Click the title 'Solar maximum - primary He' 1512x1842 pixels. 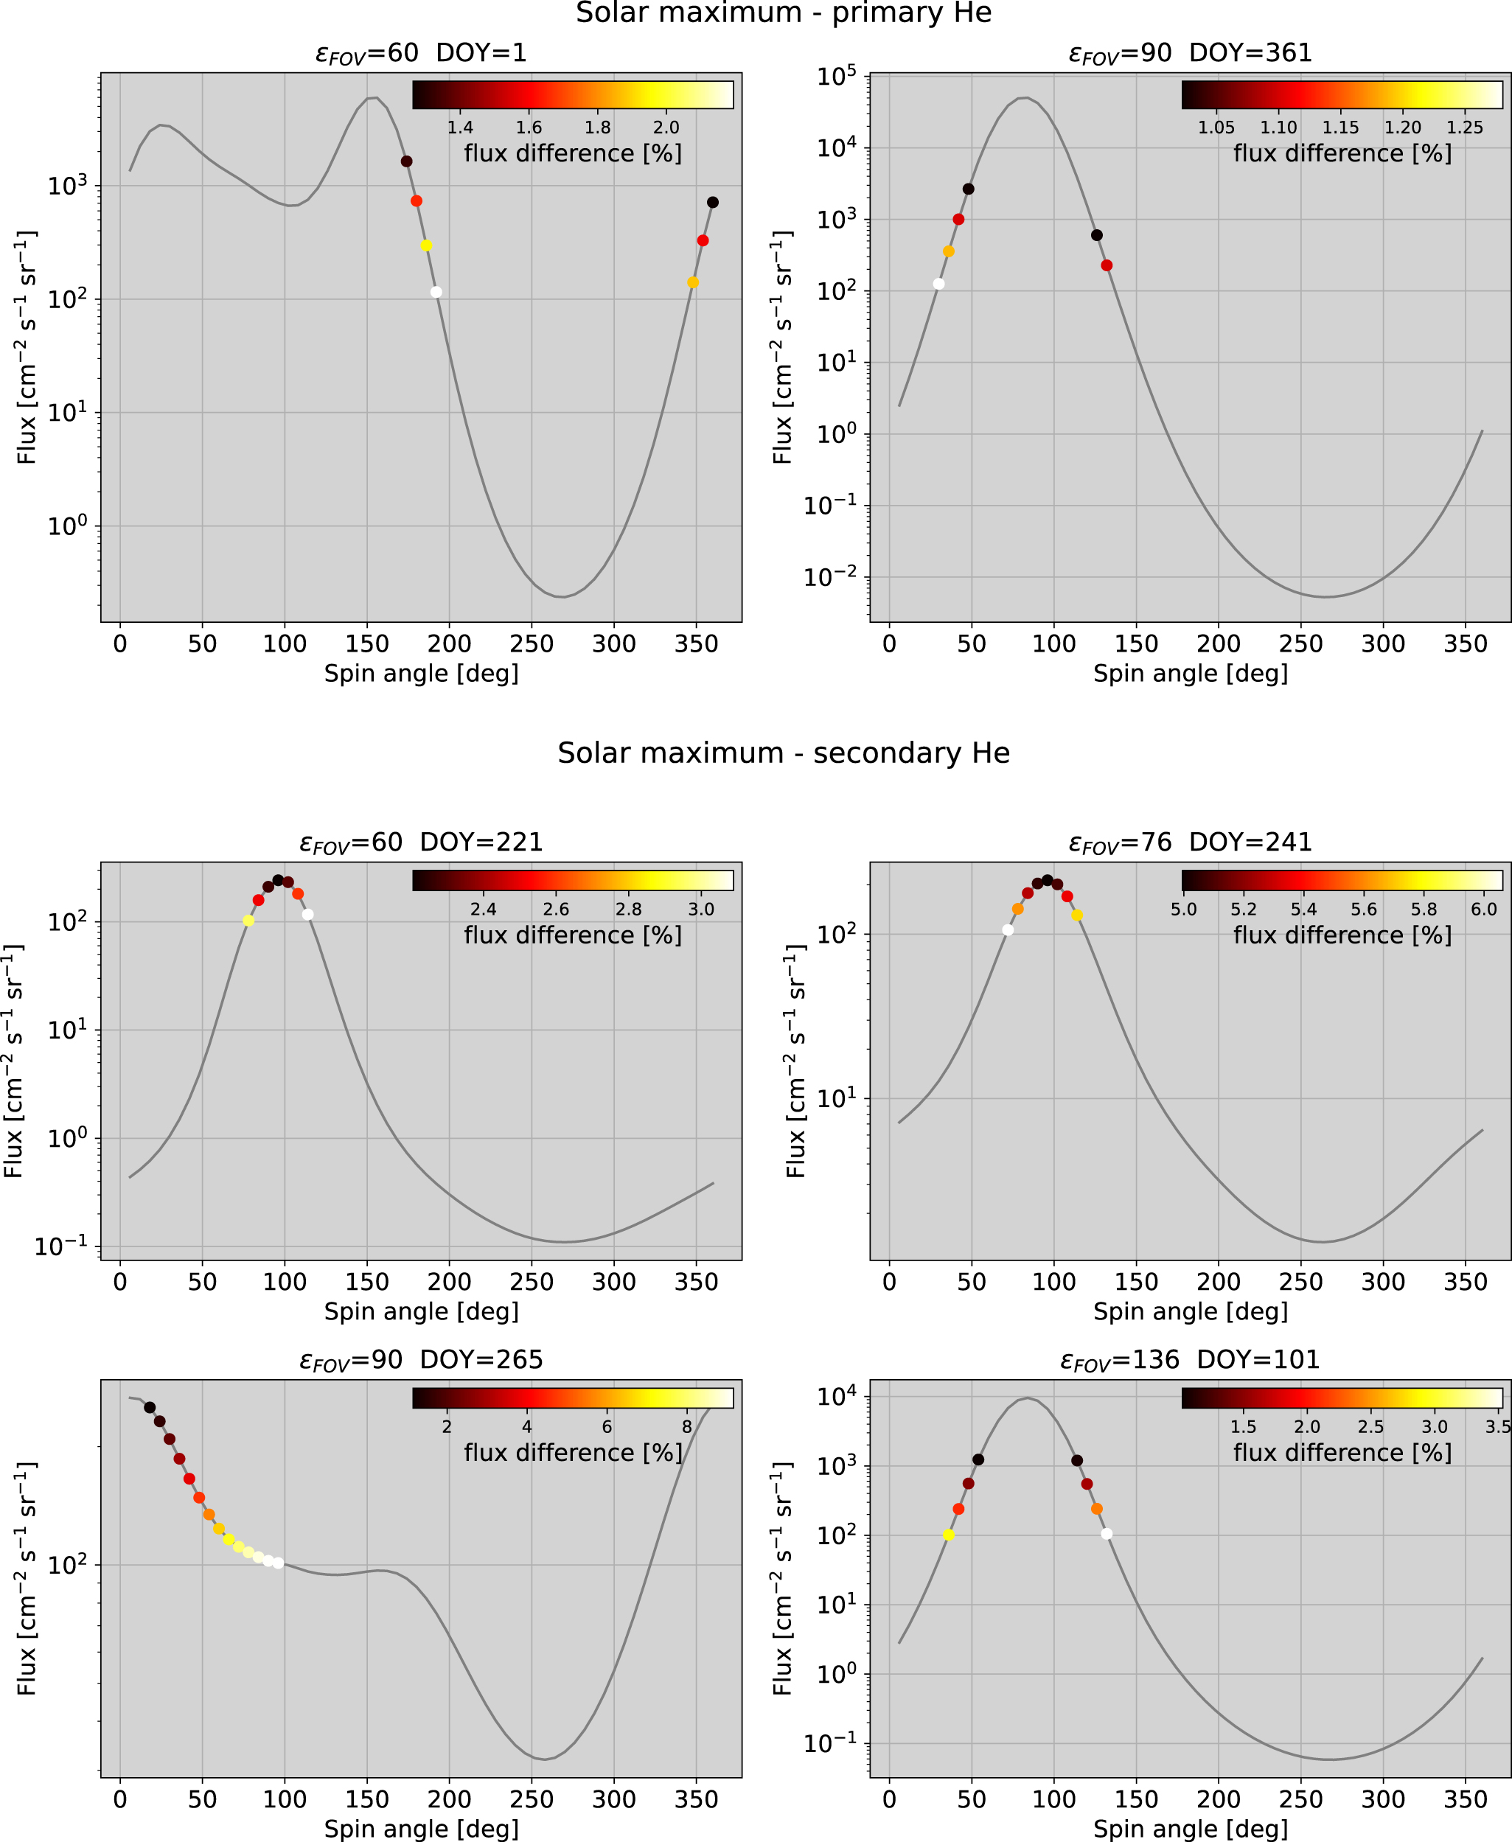(x=783, y=13)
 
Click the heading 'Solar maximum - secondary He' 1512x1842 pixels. (x=783, y=753)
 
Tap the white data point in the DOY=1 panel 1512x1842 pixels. (x=436, y=292)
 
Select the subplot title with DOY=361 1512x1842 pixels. (x=1190, y=53)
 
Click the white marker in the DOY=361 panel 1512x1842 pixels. (x=938, y=284)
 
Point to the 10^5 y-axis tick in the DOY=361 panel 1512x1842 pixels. (x=836, y=77)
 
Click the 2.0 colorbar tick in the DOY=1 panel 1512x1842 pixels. (x=666, y=128)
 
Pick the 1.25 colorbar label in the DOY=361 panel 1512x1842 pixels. (x=1464, y=128)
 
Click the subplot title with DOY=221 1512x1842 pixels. (x=421, y=842)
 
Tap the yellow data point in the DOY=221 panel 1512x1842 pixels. (x=248, y=921)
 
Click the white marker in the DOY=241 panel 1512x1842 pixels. (x=1008, y=930)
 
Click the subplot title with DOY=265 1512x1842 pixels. (x=421, y=1359)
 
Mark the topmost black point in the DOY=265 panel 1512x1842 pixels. (x=150, y=1407)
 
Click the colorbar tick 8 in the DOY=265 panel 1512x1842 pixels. (x=686, y=1426)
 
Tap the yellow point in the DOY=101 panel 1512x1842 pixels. (x=949, y=1535)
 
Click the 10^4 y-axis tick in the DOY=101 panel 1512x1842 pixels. (x=836, y=1397)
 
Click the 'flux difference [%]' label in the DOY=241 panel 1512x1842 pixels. (x=1342, y=935)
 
